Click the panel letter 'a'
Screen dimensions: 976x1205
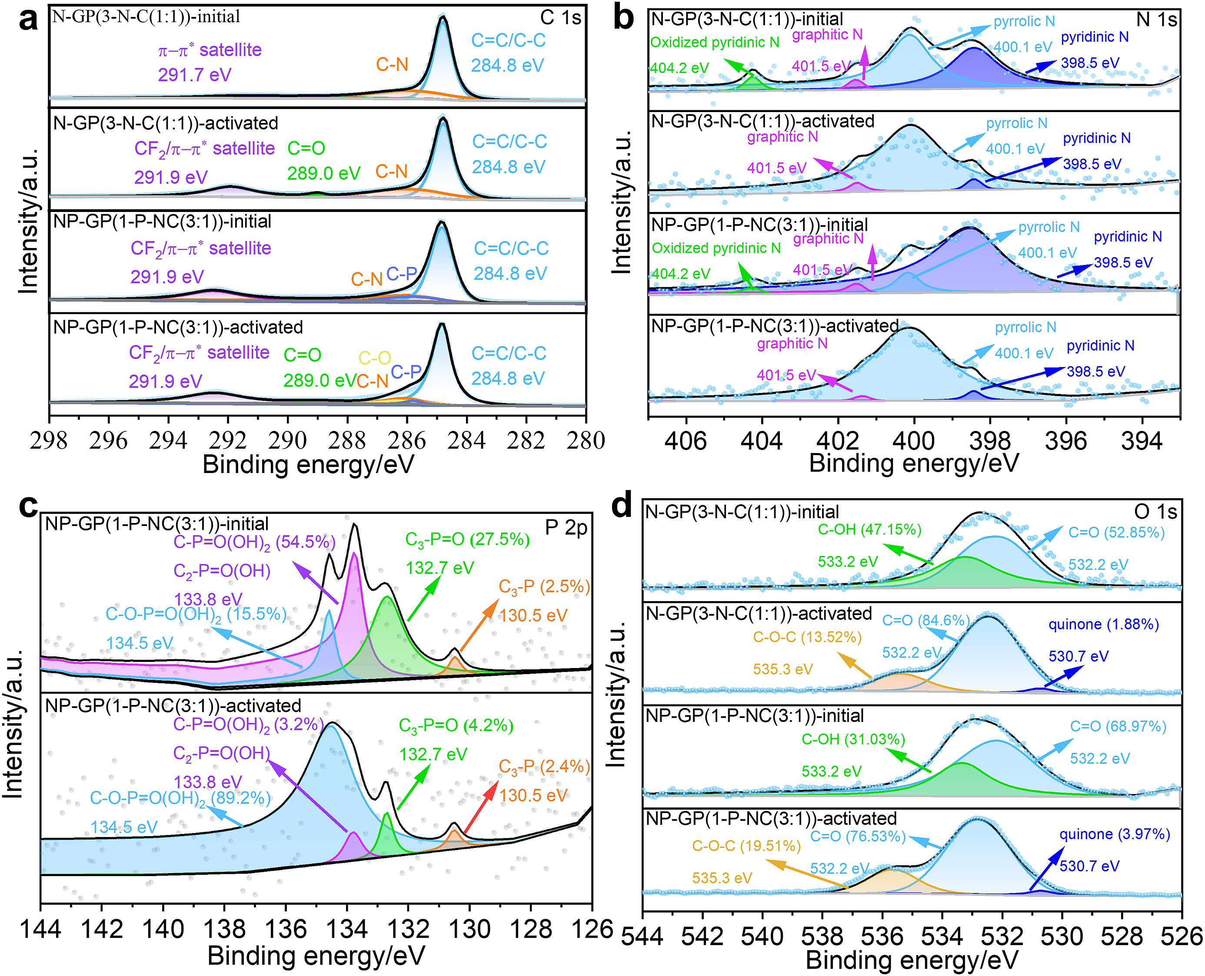coord(28,20)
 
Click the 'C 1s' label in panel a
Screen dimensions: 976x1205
coord(560,18)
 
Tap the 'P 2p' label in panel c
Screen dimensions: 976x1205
coord(566,527)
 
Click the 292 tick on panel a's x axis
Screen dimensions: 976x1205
coord(227,440)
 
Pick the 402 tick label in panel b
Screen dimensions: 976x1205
coord(838,441)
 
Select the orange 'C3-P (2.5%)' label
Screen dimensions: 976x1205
coord(544,587)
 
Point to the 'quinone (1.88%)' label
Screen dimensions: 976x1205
coord(1103,625)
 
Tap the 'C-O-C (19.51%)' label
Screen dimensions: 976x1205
coord(746,846)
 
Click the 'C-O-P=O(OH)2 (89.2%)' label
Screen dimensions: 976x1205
coord(180,798)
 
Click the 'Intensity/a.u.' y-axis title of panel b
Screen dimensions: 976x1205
coord(621,202)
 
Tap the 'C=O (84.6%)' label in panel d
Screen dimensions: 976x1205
coord(925,621)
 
